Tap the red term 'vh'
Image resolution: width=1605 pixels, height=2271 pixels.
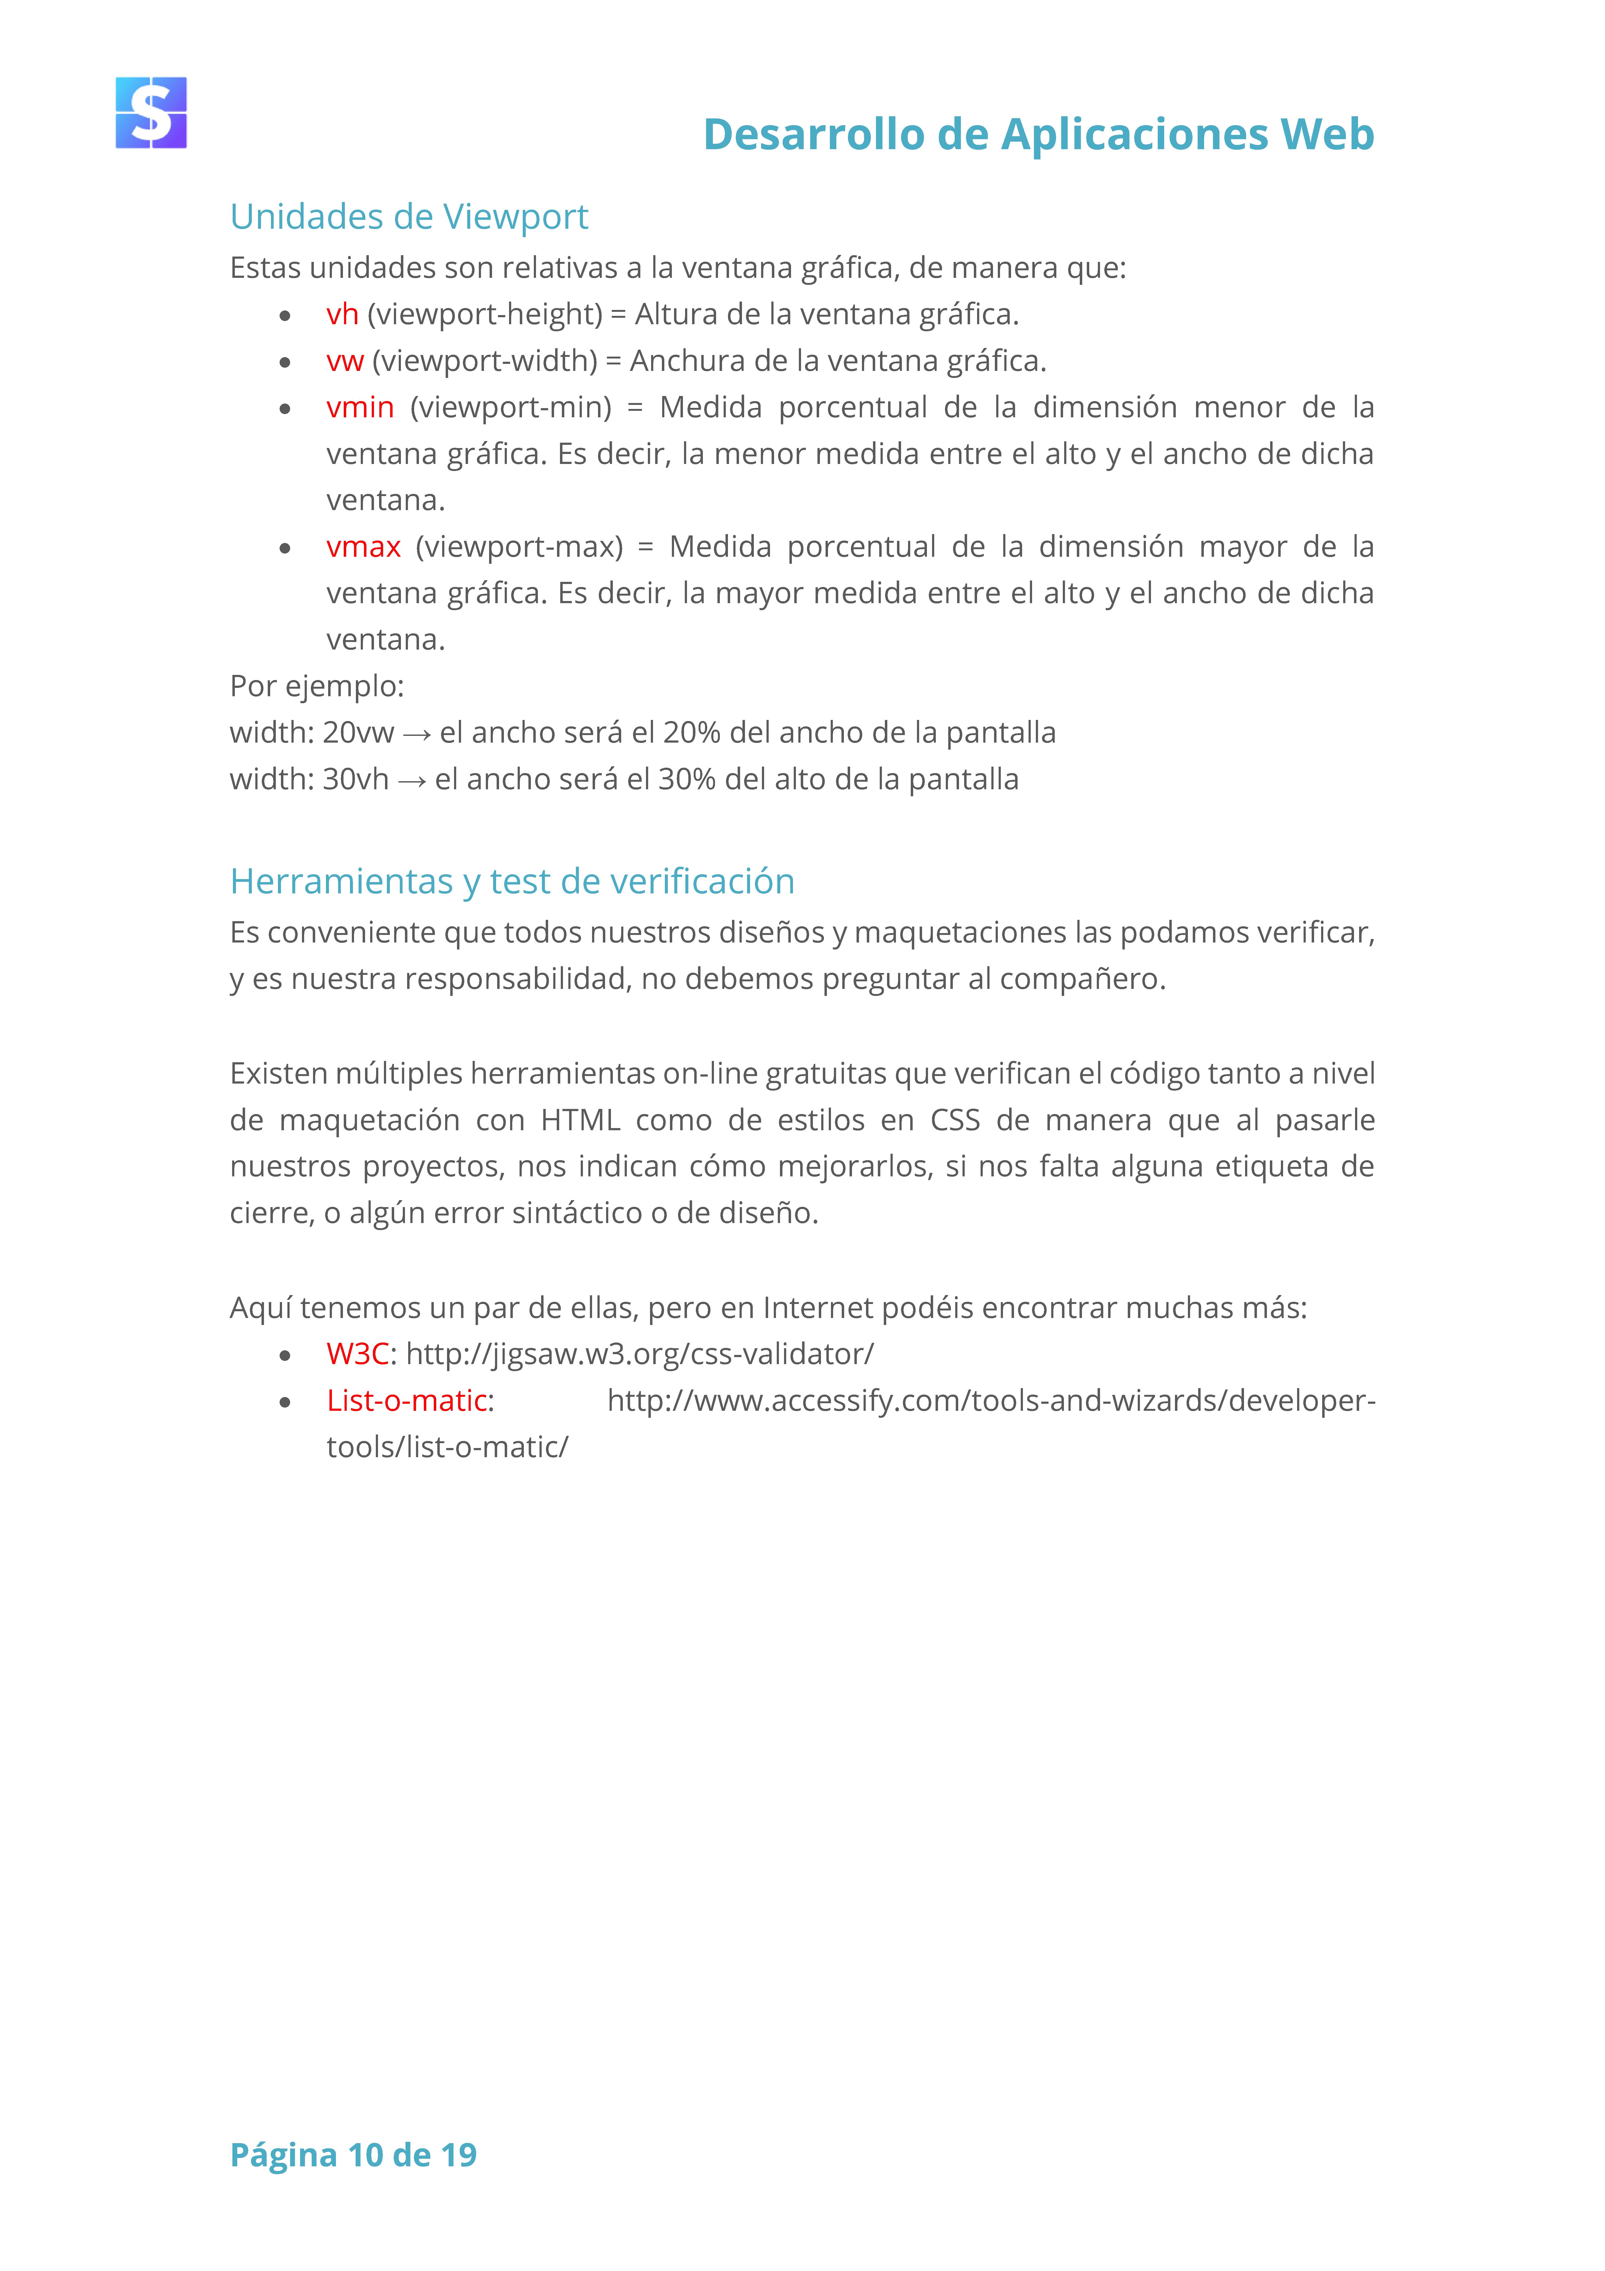tap(342, 315)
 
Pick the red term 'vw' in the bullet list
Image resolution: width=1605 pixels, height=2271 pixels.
tap(345, 361)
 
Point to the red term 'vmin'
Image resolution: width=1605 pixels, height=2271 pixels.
tap(360, 408)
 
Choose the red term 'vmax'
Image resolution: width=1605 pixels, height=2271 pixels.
tap(363, 547)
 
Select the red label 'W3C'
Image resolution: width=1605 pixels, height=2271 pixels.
tap(357, 1354)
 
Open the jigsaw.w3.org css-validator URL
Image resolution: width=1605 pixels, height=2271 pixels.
tap(640, 1354)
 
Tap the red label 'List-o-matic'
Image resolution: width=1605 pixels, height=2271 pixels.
tap(407, 1401)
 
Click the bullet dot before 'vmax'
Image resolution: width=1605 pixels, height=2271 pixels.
tap(285, 548)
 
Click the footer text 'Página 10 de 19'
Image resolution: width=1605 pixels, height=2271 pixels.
tap(353, 2154)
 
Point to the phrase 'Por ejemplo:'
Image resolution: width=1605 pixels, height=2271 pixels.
tap(317, 687)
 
